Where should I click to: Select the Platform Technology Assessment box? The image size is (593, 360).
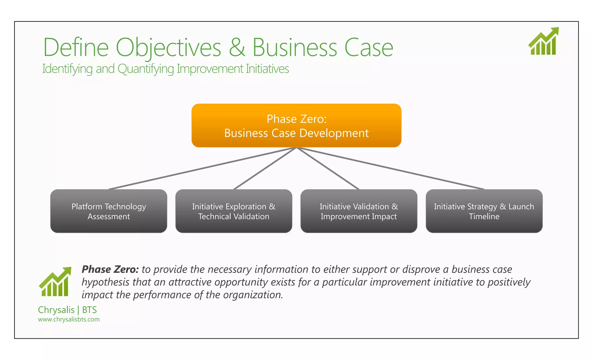[x=109, y=211]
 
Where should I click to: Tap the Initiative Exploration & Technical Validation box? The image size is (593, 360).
[x=234, y=211]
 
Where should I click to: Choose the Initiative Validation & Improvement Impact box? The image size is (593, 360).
[x=359, y=211]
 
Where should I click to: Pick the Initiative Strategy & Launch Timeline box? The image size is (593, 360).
[x=484, y=211]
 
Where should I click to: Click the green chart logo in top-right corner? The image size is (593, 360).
[x=543, y=41]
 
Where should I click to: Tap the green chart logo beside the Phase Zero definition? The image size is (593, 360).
[x=55, y=282]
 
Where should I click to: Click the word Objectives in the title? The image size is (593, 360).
[x=168, y=48]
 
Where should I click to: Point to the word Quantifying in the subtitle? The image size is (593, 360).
[x=146, y=69]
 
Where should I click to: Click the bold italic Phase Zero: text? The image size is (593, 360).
[x=110, y=269]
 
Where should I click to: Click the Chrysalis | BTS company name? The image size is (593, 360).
[x=67, y=310]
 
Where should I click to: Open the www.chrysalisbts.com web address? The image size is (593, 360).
[x=69, y=319]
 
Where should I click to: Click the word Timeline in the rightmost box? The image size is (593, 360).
[x=484, y=217]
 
